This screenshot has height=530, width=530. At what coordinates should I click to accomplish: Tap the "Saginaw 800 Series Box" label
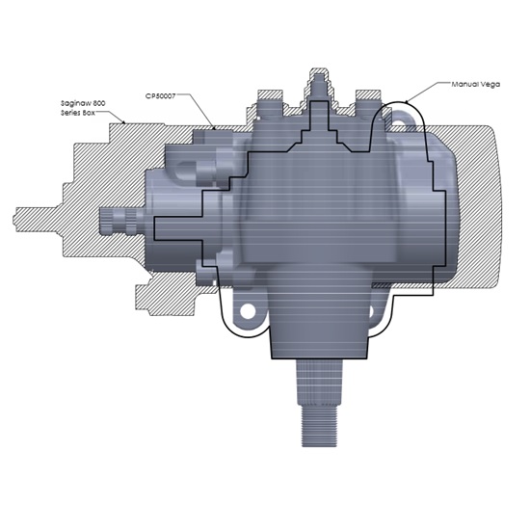(81, 109)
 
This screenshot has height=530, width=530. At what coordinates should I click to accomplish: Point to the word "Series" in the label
(69, 115)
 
